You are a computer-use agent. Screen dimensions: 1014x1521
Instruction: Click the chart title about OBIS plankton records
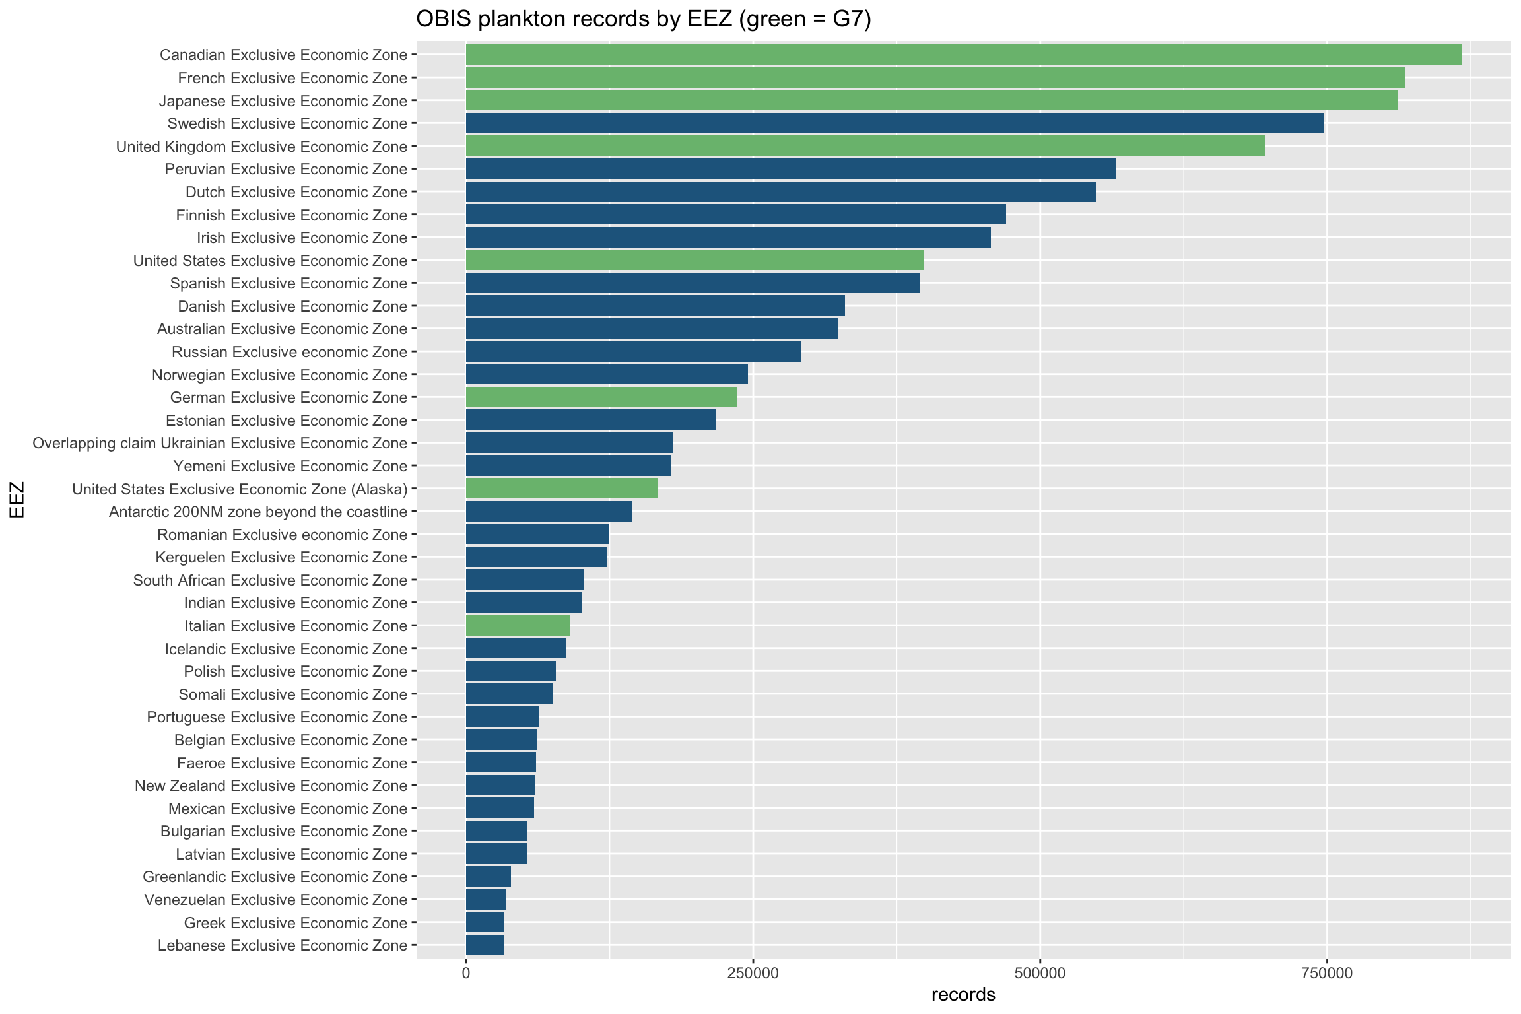(x=643, y=19)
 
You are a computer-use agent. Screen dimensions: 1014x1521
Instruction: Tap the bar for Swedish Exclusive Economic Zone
(x=894, y=123)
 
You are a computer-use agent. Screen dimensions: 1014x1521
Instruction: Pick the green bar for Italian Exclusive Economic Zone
(x=518, y=626)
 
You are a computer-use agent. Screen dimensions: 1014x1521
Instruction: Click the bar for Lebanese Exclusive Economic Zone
(x=485, y=945)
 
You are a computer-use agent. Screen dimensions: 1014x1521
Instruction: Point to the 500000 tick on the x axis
(x=1040, y=974)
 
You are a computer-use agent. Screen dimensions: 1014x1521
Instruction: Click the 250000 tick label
(x=753, y=974)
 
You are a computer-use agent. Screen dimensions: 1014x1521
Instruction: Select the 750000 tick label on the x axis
(x=1326, y=974)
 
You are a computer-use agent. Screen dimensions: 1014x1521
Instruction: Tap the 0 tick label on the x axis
(x=466, y=974)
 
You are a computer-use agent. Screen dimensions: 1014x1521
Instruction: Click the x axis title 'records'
(x=963, y=995)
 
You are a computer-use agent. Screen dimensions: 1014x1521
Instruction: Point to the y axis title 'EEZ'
(x=17, y=500)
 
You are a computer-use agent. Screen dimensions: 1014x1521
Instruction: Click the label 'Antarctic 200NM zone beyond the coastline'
(x=258, y=512)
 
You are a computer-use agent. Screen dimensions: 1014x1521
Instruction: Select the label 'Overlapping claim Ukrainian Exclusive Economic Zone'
(x=220, y=443)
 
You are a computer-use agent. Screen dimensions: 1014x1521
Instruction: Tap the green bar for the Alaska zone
(x=561, y=489)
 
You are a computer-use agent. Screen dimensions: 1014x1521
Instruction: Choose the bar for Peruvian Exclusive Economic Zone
(x=790, y=169)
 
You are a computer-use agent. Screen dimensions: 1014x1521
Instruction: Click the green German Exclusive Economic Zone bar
(x=601, y=397)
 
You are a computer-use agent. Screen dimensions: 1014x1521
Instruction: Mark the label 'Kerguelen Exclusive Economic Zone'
(x=281, y=557)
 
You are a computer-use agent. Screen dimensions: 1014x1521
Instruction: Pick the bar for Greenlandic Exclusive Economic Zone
(x=488, y=877)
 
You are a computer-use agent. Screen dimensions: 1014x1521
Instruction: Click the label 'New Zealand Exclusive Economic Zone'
(x=271, y=786)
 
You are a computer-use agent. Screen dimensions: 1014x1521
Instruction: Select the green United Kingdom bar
(x=865, y=146)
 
